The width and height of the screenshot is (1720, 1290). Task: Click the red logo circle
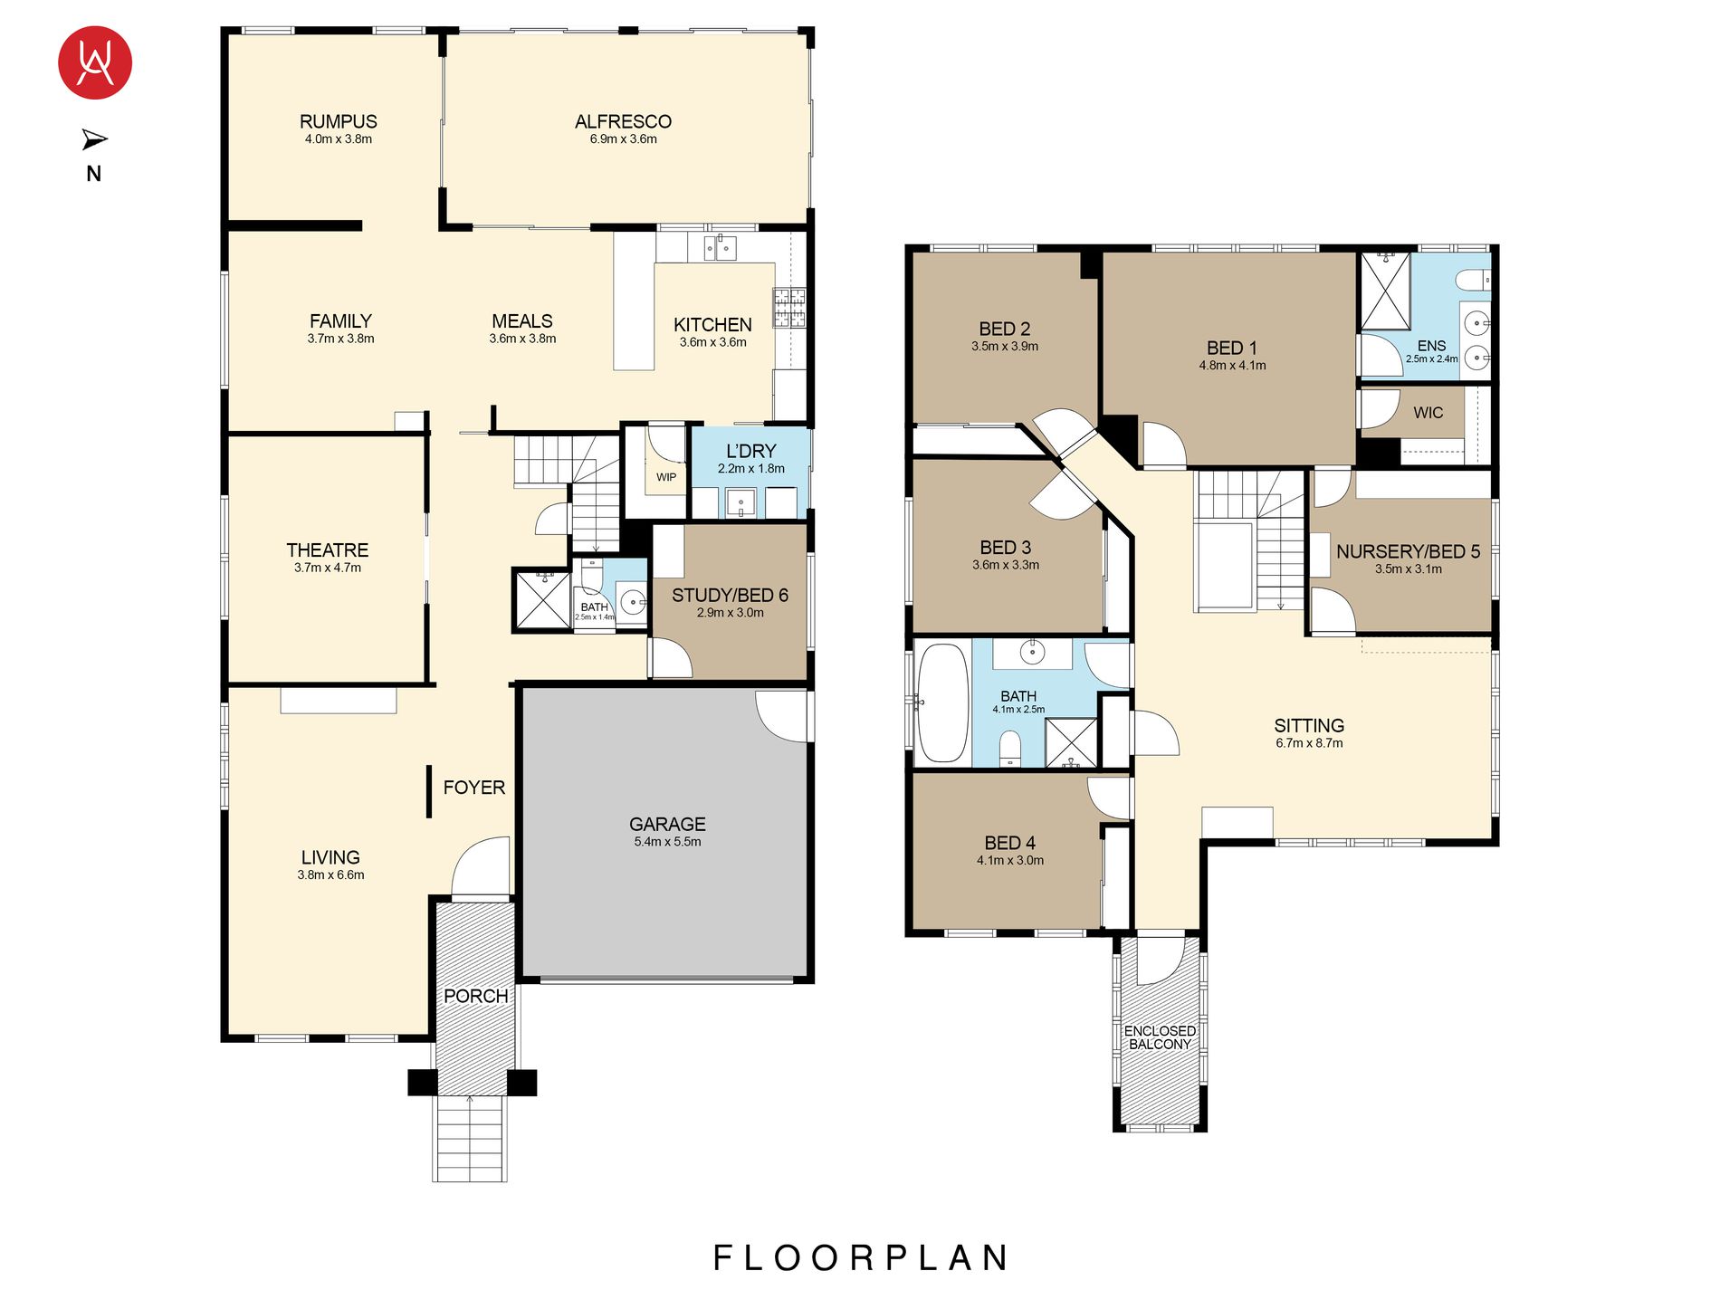pos(95,62)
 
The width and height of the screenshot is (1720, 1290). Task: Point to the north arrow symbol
pos(94,139)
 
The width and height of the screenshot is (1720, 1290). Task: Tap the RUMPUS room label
pos(339,121)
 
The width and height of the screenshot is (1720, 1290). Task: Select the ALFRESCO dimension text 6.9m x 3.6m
pos(624,139)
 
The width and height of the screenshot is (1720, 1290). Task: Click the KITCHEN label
pos(712,324)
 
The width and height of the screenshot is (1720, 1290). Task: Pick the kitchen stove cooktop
pos(788,307)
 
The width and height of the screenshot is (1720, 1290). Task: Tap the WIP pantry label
pos(666,477)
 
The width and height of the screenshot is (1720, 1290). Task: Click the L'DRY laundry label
pos(751,451)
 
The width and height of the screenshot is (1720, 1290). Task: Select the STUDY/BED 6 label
pos(730,595)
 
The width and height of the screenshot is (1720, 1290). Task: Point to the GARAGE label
pos(667,824)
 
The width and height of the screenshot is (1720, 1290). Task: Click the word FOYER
pos(474,788)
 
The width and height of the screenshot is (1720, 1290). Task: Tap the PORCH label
pos(475,996)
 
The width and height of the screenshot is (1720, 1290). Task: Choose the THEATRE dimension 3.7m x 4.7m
pos(328,569)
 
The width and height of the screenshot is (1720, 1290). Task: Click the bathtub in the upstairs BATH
pos(942,702)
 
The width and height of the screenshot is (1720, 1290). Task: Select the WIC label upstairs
pos(1429,413)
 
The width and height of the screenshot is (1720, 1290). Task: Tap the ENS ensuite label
pos(1431,346)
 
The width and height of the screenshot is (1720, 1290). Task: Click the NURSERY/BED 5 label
pos(1408,551)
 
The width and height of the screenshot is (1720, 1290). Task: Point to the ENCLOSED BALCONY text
pos(1160,1037)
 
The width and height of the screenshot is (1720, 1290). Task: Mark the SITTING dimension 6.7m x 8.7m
pos(1309,743)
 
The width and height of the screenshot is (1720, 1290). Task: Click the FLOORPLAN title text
pos(861,1257)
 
